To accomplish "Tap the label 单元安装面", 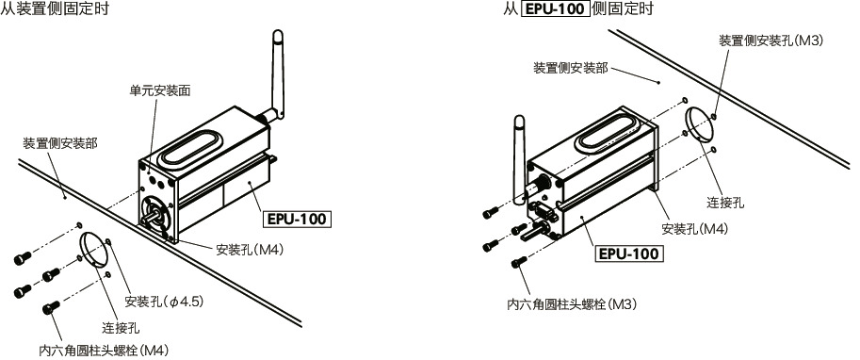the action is (160, 91).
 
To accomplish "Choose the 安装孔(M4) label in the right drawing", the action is (694, 228).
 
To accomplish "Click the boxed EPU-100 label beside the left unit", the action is (296, 220).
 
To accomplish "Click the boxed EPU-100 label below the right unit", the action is (630, 254).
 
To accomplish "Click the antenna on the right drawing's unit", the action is (519, 155).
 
